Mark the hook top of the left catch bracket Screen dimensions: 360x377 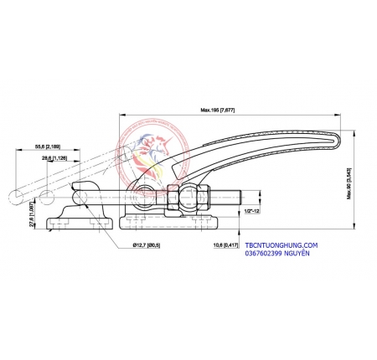[82, 186]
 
